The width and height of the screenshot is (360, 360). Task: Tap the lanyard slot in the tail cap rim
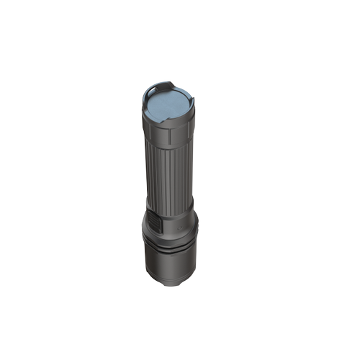165,85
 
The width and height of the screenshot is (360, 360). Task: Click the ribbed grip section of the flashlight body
170,173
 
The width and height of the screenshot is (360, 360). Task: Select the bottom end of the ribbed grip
171,206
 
